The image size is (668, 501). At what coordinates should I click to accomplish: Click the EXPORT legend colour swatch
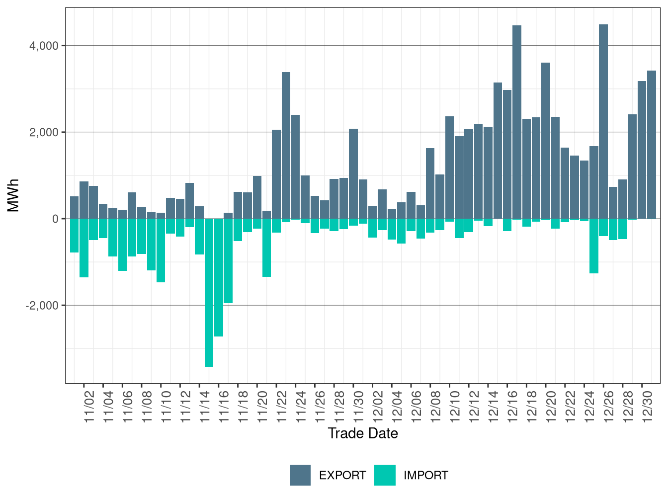pos(300,475)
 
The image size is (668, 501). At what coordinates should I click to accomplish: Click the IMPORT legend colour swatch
pos(385,475)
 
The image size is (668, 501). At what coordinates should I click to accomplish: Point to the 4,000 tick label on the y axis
pos(44,46)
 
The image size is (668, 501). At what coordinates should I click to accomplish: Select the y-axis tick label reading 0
pos(55,219)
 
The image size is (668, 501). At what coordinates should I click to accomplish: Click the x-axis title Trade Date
pos(363,433)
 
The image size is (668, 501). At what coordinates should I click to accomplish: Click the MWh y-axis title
pos(13,195)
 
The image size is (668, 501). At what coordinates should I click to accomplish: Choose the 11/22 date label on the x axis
pos(282,407)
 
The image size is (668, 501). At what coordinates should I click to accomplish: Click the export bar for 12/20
pos(546,141)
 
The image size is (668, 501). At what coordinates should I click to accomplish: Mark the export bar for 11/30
pos(353,173)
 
